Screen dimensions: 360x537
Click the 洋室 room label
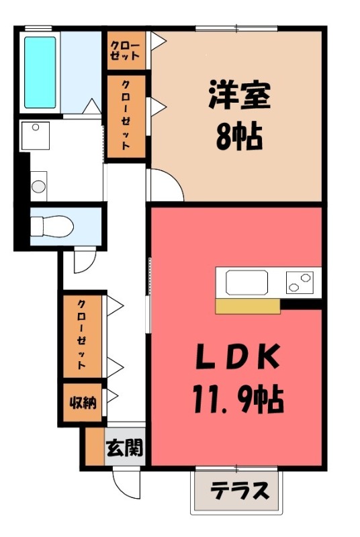tap(239, 95)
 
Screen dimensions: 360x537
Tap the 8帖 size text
tap(239, 137)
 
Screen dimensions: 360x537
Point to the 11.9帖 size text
tap(238, 399)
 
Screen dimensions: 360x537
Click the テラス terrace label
tap(239, 491)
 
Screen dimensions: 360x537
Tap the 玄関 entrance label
tap(124, 447)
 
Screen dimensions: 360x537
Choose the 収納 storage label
tap(83, 403)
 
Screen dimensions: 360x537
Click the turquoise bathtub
tap(40, 72)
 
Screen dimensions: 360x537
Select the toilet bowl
tap(52, 226)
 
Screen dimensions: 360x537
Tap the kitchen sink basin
tap(246, 283)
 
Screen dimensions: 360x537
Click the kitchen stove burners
tap(300, 282)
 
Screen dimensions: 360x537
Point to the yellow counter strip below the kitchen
tap(248, 306)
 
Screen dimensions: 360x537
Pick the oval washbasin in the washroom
tap(38, 187)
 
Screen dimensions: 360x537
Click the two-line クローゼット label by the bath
tap(125, 51)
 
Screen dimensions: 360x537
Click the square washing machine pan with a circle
tap(35, 136)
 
